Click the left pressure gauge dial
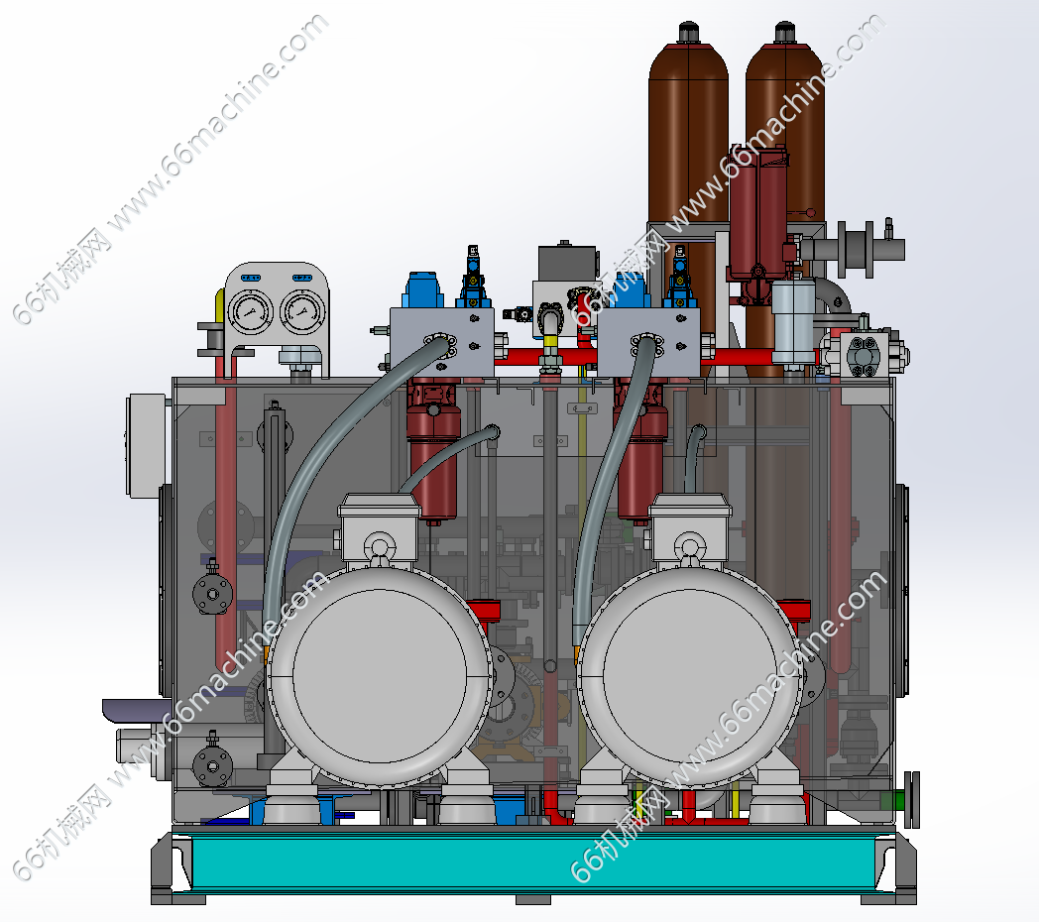[x=249, y=311]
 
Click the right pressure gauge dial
[x=302, y=311]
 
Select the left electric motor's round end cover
[x=380, y=676]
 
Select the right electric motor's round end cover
[x=690, y=676]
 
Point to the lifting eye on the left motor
[x=379, y=547]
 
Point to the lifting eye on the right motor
[x=690, y=547]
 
